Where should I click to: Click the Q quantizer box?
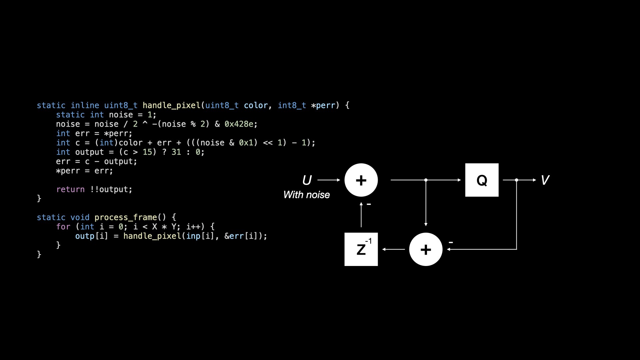[x=482, y=180]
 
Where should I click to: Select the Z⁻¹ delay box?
[x=361, y=249]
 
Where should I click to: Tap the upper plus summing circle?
[x=361, y=180]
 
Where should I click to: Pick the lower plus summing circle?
[x=426, y=249]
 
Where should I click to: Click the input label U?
[x=307, y=180]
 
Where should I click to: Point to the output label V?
[x=545, y=180]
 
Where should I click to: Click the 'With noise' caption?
[x=306, y=195]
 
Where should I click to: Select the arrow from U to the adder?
[x=329, y=180]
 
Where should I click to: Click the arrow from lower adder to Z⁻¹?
[x=394, y=249]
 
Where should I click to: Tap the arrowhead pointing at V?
[x=534, y=180]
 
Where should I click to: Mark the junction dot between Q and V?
[x=516, y=180]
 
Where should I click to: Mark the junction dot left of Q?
[x=426, y=180]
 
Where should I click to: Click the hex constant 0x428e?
[x=239, y=124]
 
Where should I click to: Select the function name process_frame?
[x=126, y=218]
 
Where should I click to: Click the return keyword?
[x=70, y=189]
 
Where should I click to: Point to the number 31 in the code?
[x=176, y=152]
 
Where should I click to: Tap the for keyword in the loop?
[x=63, y=227]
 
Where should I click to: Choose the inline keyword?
[x=85, y=105]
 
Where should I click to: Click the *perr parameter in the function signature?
[x=323, y=106]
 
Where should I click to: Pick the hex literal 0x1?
[x=246, y=143]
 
